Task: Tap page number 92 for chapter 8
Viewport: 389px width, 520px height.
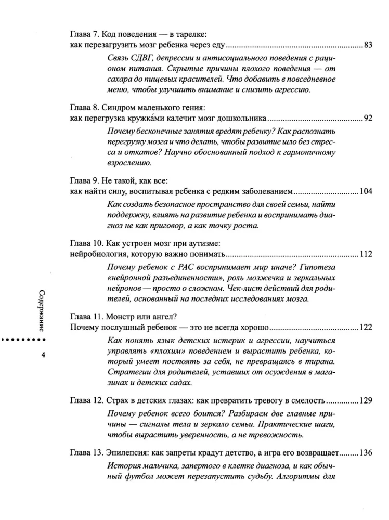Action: (x=368, y=118)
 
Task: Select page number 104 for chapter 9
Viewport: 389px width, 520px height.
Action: (x=366, y=191)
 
